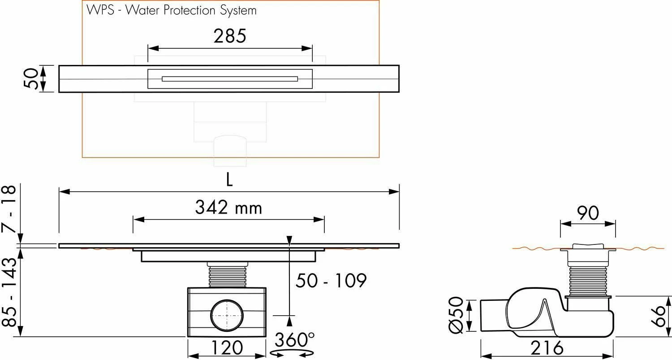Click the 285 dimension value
point(229,36)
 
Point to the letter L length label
point(229,180)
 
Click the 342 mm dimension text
point(228,208)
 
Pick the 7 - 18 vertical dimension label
point(10,208)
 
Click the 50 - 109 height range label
point(331,281)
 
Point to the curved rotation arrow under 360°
point(292,354)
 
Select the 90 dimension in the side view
point(588,214)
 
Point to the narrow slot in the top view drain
point(229,79)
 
